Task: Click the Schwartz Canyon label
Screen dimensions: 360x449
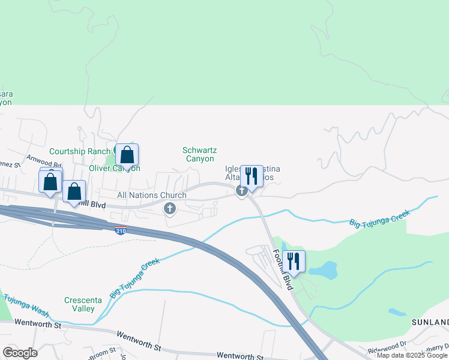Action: (200, 154)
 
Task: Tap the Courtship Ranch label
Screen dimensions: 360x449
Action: (80, 151)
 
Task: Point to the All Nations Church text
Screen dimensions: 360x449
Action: (152, 195)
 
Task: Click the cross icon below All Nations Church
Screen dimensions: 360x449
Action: (170, 208)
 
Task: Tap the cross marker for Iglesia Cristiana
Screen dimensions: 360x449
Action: (242, 191)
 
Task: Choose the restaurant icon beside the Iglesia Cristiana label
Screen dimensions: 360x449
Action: (252, 176)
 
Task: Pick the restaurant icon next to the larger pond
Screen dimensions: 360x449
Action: (294, 262)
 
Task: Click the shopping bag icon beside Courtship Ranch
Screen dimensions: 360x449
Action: (127, 155)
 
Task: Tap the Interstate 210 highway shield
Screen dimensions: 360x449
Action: (121, 229)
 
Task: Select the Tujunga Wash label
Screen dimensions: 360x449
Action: (27, 302)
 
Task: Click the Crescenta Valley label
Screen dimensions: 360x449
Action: (80, 304)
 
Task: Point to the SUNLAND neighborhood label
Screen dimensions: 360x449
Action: (430, 322)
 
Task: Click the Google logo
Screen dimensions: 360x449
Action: (20, 352)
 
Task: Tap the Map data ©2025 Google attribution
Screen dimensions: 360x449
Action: (412, 355)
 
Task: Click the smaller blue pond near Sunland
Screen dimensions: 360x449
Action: (396, 312)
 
